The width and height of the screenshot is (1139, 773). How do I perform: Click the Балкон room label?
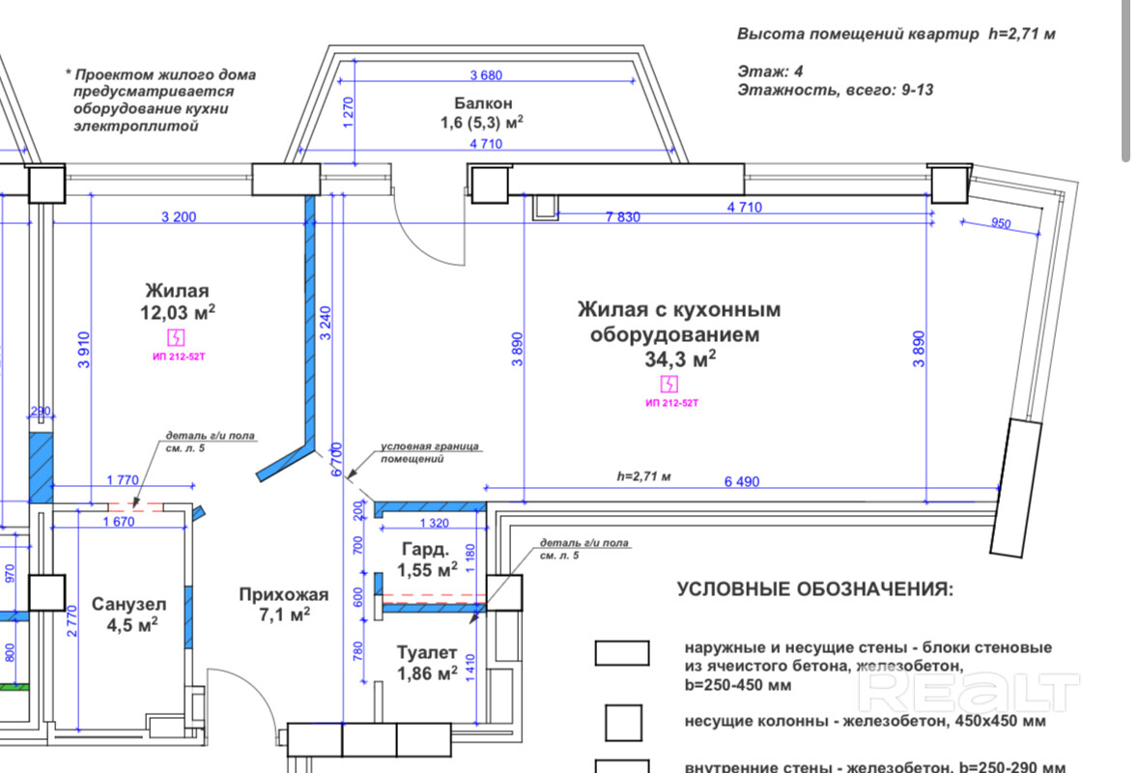pyautogui.click(x=483, y=103)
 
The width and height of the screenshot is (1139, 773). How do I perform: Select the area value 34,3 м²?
pyautogui.click(x=680, y=359)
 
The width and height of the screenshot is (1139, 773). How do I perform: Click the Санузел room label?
pyautogui.click(x=128, y=605)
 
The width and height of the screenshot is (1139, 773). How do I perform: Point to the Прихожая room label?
pyautogui.click(x=284, y=594)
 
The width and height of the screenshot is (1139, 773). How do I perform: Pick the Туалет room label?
pyautogui.click(x=426, y=653)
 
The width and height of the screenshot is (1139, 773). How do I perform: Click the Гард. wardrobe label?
pyautogui.click(x=425, y=550)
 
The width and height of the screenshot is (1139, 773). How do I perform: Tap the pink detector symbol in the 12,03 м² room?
pyautogui.click(x=177, y=337)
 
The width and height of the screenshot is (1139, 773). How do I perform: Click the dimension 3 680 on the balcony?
pyautogui.click(x=487, y=75)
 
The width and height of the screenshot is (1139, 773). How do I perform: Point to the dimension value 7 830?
pyautogui.click(x=622, y=217)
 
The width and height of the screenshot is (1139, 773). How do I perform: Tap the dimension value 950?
pyautogui.click(x=1001, y=224)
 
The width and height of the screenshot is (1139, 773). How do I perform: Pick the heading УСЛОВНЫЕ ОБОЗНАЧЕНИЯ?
pyautogui.click(x=814, y=588)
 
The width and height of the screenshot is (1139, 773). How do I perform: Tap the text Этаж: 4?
pyautogui.click(x=770, y=72)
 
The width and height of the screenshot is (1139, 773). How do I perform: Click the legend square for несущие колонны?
pyautogui.click(x=622, y=721)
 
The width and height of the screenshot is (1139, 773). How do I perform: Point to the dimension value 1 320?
pyautogui.click(x=437, y=524)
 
